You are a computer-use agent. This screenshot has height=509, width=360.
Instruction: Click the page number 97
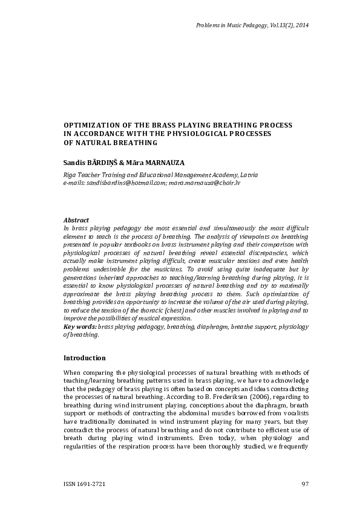305,484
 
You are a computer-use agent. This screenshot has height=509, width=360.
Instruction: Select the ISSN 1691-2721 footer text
88,484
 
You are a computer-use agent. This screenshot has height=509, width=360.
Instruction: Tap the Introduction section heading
85,357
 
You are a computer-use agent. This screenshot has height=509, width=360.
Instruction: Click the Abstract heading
76,219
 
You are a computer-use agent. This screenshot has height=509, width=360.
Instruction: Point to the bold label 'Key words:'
80,326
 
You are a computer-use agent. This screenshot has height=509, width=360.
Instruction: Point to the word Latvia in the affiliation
249,174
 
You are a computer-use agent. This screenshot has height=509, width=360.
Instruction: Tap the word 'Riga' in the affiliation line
71,174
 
